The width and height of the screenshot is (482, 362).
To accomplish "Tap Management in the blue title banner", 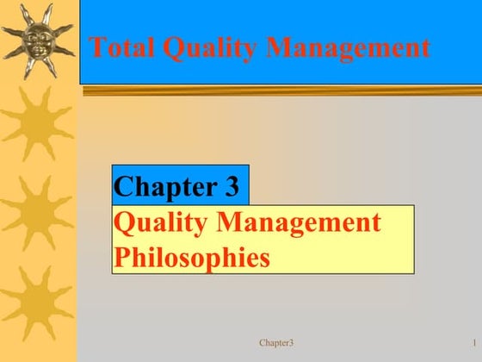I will coord(348,49).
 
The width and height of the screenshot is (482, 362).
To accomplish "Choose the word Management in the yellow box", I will coord(300,223).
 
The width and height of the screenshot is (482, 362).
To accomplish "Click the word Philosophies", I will coord(192,257).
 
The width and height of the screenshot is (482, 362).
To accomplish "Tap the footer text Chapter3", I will coord(276,343).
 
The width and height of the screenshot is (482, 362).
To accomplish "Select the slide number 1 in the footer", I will coord(474,343).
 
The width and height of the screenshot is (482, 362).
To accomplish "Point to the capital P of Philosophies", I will coord(121,257).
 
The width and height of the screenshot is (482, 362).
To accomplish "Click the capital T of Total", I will coord(97,47).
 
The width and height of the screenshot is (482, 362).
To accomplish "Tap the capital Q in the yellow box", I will coord(124,223).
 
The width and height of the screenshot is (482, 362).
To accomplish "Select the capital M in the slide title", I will coord(279,47).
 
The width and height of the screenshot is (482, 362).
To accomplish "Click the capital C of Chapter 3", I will coord(124,186).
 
